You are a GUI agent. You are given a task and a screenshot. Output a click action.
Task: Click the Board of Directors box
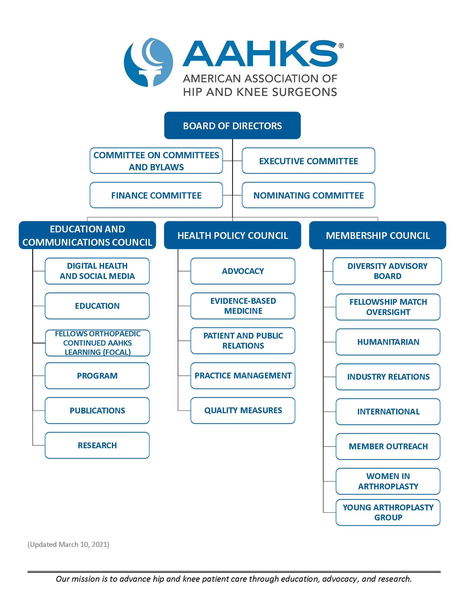click(x=232, y=125)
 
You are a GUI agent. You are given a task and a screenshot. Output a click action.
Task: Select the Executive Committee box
click(x=308, y=161)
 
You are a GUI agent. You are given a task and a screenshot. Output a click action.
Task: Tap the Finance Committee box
click(x=156, y=195)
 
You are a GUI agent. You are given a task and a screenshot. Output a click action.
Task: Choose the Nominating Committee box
click(x=308, y=195)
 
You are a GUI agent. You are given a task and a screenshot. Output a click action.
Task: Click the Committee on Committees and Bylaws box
click(x=156, y=161)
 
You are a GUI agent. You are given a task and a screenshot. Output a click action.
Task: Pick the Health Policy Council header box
click(x=232, y=235)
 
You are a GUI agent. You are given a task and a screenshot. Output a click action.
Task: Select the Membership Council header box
click(x=378, y=235)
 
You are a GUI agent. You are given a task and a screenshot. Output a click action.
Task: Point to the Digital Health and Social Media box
click(x=97, y=271)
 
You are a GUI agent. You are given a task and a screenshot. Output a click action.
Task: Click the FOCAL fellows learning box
click(x=98, y=343)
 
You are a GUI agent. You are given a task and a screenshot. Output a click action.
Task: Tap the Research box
click(x=97, y=445)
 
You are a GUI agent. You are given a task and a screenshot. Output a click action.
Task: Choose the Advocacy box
click(x=243, y=271)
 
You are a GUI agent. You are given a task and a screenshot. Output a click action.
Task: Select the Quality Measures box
click(x=243, y=410)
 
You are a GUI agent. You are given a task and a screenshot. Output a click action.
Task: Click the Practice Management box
click(x=243, y=375)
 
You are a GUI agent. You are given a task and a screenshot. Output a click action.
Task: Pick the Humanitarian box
click(x=388, y=342)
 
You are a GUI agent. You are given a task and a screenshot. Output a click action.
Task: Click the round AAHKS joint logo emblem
click(x=148, y=62)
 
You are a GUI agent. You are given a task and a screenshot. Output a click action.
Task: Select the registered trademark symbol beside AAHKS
click(x=341, y=46)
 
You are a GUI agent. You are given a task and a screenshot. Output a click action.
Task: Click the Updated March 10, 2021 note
click(x=69, y=544)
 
